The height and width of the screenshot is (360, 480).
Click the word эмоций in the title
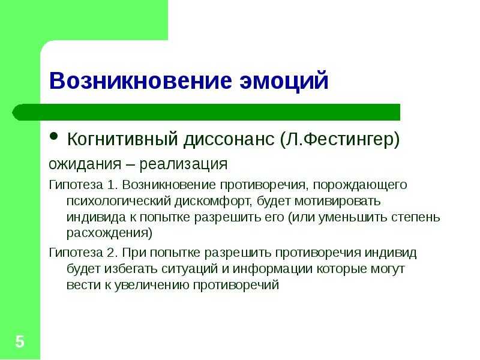coord(284,80)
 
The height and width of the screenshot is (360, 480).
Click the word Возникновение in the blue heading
coord(140,80)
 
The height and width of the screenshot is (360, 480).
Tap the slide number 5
coord(20,341)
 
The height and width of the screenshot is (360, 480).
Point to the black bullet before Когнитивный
coord(53,136)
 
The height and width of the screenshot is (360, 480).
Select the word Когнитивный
coord(122,139)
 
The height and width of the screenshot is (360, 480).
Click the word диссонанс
coord(229,140)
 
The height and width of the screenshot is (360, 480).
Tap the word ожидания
coord(85,164)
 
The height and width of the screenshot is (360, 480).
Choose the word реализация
coord(184,164)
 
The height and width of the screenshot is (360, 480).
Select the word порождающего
coord(360,185)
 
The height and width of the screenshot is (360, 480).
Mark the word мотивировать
coord(337,202)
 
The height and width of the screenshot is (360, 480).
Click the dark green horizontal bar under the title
coord(206,112)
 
